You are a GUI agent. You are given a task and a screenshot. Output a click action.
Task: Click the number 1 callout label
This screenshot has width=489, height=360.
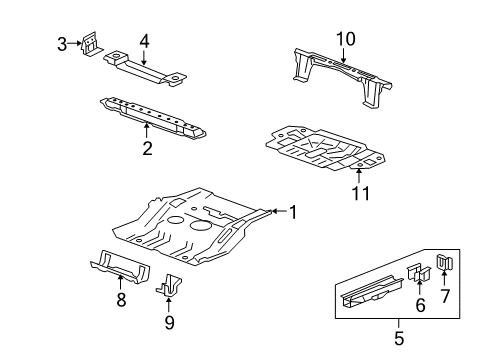[x=293, y=211]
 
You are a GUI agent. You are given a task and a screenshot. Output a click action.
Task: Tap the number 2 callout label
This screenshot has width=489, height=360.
[x=147, y=149]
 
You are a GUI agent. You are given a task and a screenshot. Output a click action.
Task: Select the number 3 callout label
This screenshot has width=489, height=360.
[x=62, y=43]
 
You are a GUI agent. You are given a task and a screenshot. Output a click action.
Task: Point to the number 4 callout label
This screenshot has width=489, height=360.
[x=144, y=41]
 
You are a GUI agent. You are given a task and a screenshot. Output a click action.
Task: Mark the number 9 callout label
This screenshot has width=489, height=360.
[x=169, y=321]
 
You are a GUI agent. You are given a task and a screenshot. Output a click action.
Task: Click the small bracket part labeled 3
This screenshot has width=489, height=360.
[x=91, y=43]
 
